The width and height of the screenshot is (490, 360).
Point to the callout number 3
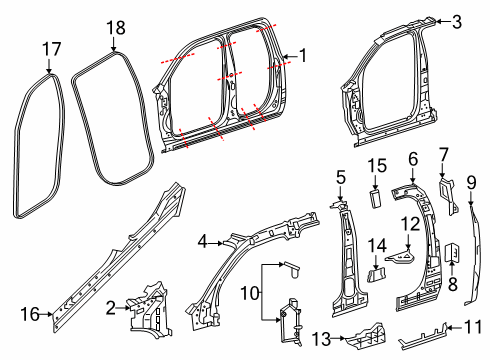pos(456,21)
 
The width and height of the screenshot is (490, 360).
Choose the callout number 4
pos(204,240)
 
